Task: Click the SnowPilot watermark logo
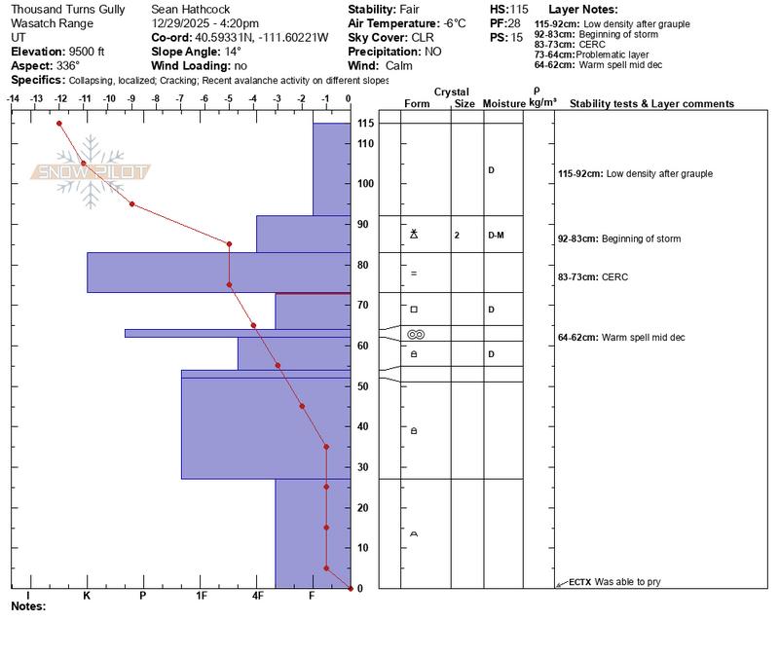click(x=93, y=173)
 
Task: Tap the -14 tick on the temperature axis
click(x=14, y=98)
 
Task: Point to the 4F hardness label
click(x=257, y=595)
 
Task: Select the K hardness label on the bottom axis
click(x=87, y=595)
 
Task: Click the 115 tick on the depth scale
click(x=366, y=123)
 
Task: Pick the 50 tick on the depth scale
click(x=363, y=386)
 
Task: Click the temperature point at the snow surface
click(x=59, y=123)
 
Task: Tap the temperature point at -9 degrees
click(x=131, y=204)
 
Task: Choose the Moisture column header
click(x=503, y=103)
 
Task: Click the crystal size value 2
click(x=456, y=235)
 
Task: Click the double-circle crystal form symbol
click(x=416, y=334)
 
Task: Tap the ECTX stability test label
click(x=580, y=581)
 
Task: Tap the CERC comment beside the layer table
click(x=615, y=277)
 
